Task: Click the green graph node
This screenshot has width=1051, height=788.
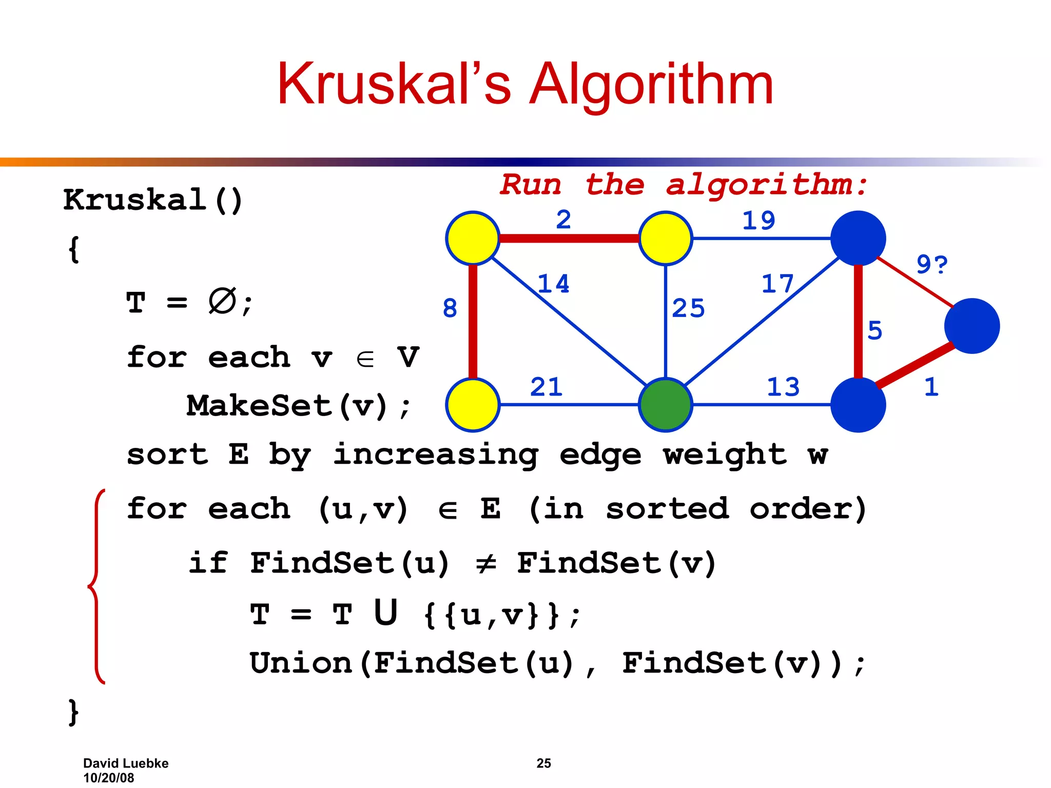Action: pos(665,405)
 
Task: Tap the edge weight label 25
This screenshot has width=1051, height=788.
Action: pos(688,308)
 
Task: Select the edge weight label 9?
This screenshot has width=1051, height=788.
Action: pos(931,265)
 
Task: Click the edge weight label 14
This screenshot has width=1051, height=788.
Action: pos(553,284)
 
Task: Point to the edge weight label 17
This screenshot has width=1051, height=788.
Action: pos(777,284)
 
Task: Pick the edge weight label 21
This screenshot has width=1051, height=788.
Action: pos(546,387)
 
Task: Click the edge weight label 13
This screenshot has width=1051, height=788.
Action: pos(783,387)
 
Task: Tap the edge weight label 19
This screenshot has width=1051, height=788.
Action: pos(758,221)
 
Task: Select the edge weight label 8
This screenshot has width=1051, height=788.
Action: pos(450,308)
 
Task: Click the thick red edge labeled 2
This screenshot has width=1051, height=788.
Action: pos(569,239)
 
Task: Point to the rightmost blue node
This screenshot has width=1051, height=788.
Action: pos(971,326)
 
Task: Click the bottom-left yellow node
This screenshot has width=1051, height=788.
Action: pos(473,405)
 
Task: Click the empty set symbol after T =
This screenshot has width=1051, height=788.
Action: pos(222,301)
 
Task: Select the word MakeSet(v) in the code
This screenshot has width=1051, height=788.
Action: pos(287,406)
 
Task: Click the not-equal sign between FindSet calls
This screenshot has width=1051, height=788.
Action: pos(485,564)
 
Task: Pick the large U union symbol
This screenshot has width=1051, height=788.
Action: pos(385,613)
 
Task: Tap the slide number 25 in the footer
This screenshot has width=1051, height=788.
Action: pos(543,763)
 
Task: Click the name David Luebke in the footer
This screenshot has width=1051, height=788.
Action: pos(126,763)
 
